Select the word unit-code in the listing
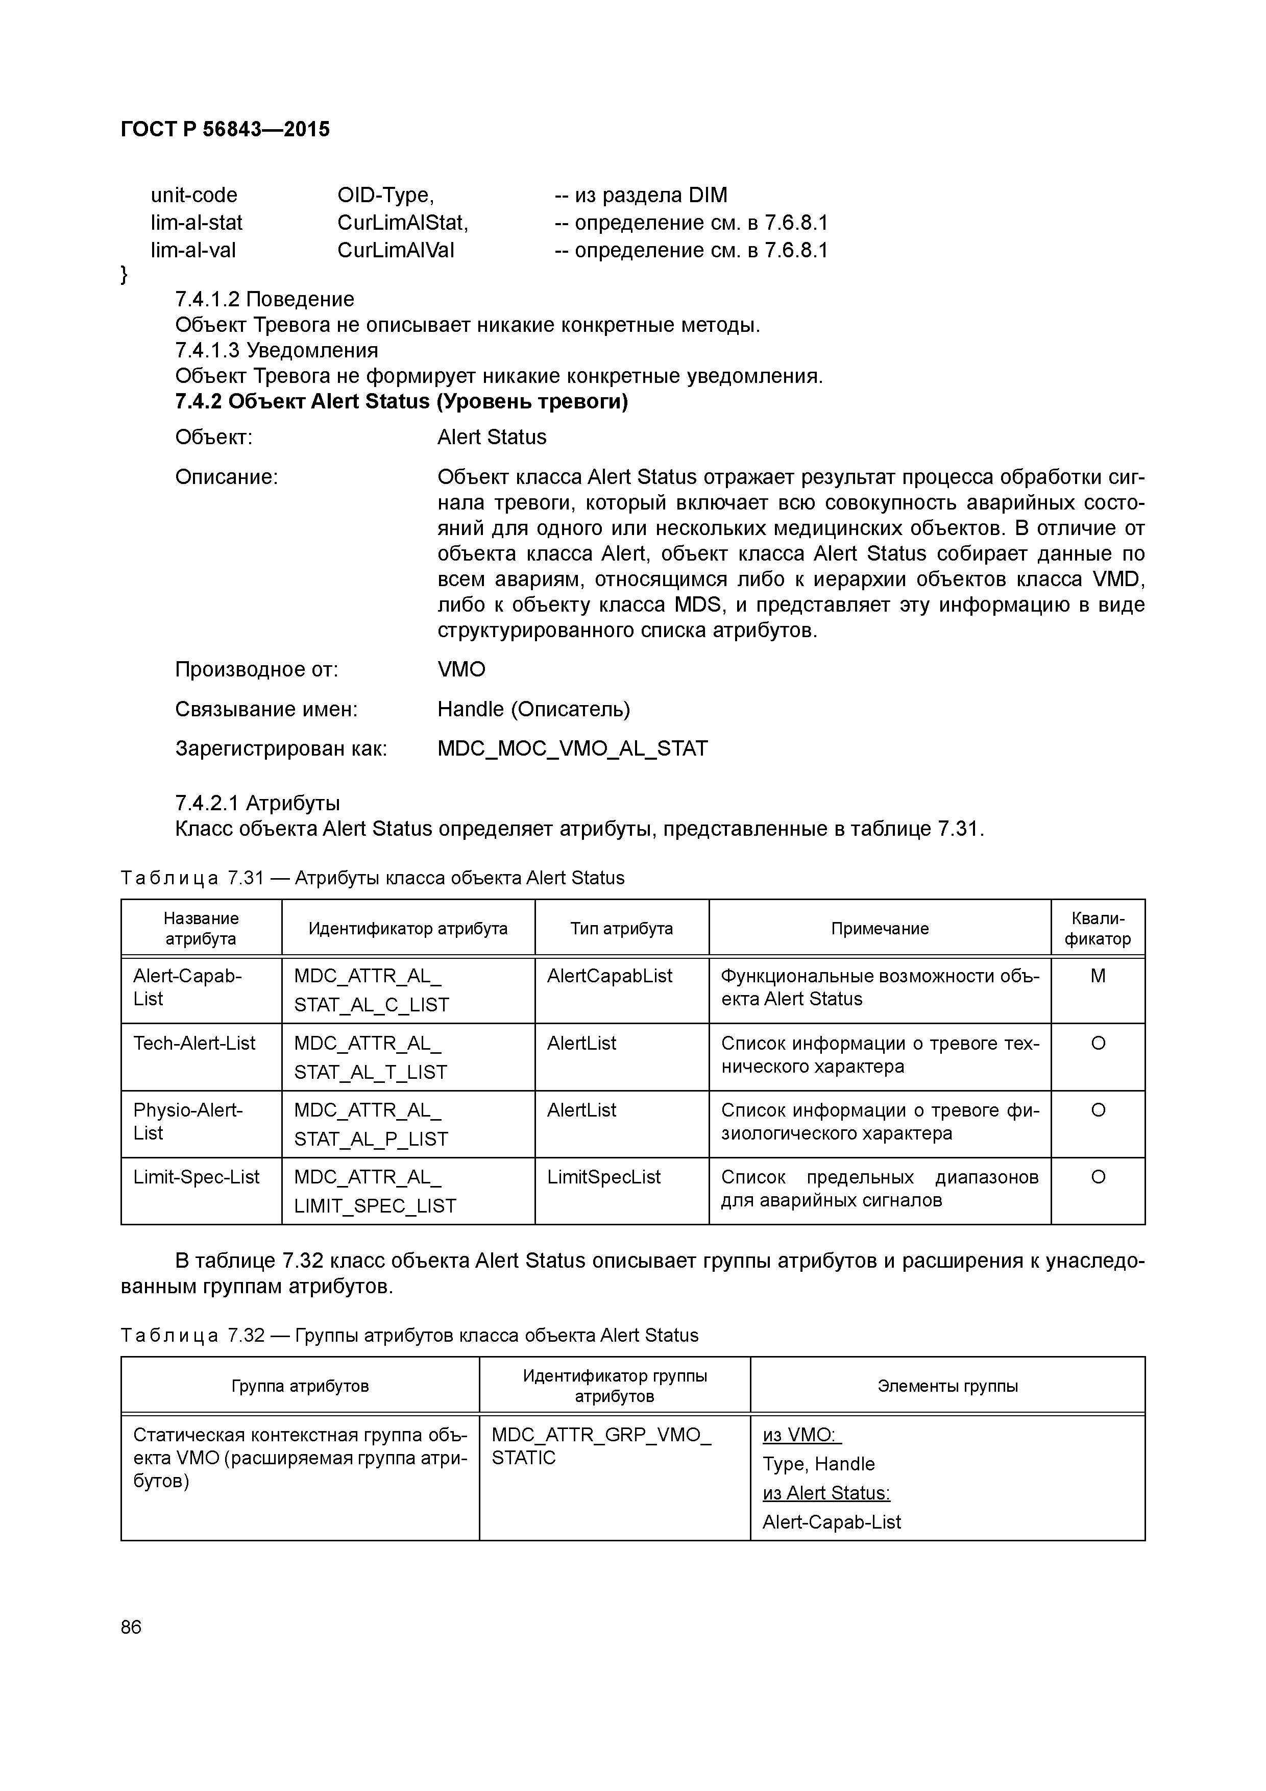click(x=193, y=195)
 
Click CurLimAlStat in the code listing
click(x=402, y=223)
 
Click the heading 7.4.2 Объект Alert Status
click(x=401, y=402)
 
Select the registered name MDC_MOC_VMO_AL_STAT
click(x=572, y=749)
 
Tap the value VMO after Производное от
click(x=461, y=669)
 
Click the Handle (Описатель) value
click(x=533, y=709)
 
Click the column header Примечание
click(x=879, y=928)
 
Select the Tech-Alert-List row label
click(x=194, y=1043)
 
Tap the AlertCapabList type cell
click(x=609, y=976)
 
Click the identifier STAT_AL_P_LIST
click(x=371, y=1139)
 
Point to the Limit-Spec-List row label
click(x=196, y=1177)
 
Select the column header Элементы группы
click(x=947, y=1386)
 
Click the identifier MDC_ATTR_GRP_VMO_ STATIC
click(x=601, y=1446)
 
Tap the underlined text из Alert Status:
click(x=825, y=1493)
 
